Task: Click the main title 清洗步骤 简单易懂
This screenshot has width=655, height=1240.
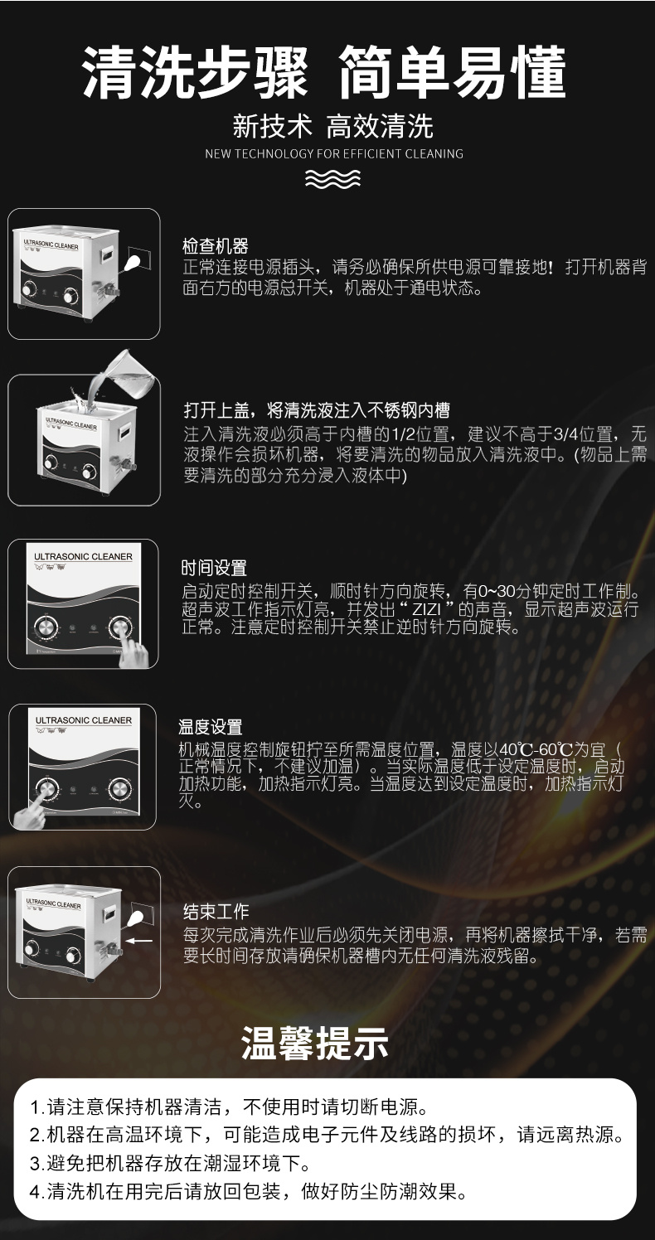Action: (324, 73)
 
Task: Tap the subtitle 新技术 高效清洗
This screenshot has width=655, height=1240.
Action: (332, 126)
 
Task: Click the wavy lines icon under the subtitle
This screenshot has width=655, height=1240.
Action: (332, 178)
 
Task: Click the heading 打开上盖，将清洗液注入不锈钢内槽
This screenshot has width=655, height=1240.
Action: (317, 410)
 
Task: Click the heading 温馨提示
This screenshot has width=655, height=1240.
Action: (314, 1042)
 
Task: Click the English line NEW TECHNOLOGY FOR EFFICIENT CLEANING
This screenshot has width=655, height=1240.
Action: (334, 153)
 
